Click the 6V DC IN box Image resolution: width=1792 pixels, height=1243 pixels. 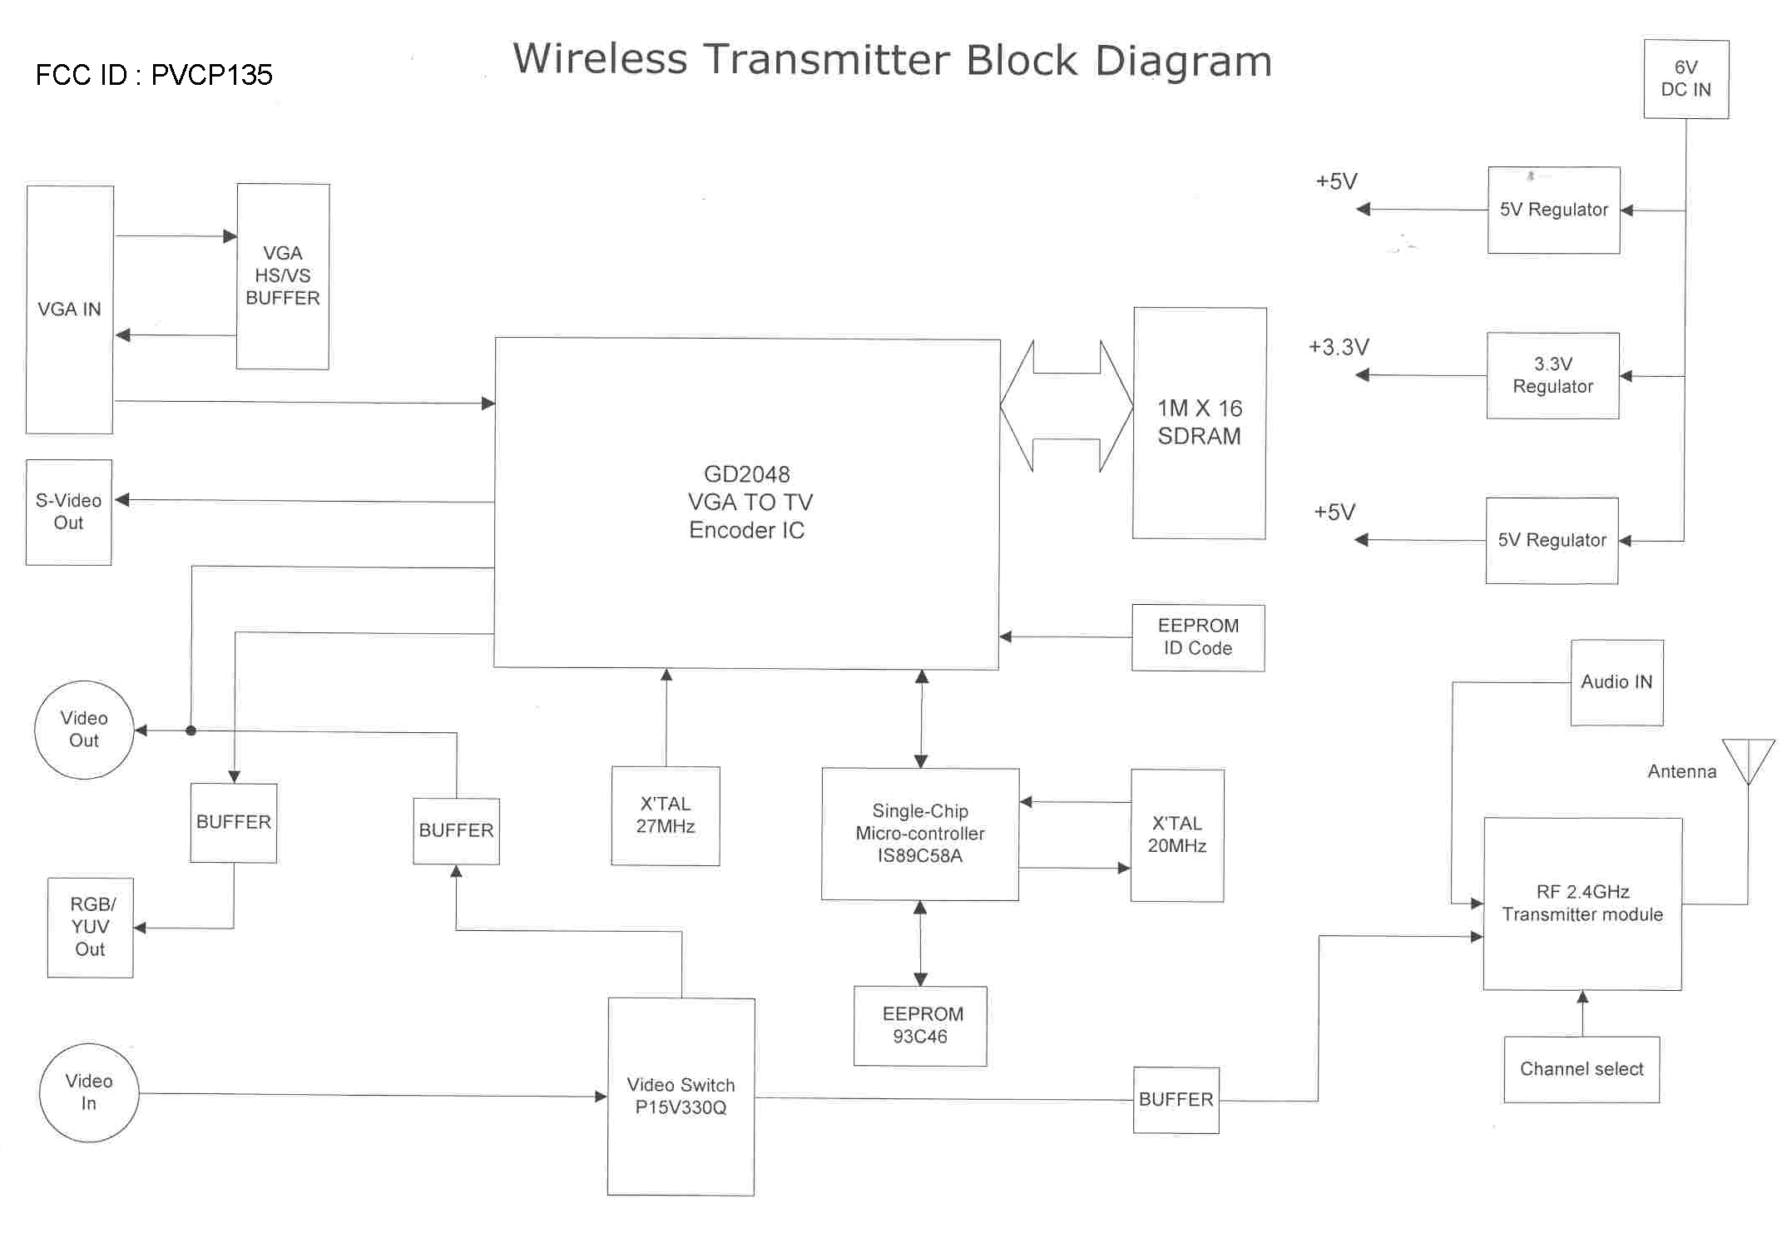1686,79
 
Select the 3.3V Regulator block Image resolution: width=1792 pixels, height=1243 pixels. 1552,375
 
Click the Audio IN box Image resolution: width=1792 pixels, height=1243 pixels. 1616,682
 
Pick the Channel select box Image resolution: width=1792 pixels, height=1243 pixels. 1581,1069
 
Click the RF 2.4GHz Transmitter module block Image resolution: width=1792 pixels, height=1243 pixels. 1582,904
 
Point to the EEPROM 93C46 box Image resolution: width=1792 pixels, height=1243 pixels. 920,1025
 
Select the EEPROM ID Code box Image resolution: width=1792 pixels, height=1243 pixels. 1198,637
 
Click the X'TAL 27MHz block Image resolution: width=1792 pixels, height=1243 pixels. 666,815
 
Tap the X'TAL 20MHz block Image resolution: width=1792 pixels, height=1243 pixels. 1176,834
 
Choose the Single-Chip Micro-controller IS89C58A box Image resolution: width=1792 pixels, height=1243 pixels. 920,834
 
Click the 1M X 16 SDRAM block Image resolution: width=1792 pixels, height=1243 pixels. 1199,423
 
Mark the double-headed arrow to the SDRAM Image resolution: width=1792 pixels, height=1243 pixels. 1067,406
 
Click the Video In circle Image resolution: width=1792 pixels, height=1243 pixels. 89,1092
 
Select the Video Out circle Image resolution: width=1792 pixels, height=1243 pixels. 84,730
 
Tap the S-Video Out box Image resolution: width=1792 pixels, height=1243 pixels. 68,512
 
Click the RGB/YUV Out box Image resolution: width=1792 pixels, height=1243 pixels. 91,927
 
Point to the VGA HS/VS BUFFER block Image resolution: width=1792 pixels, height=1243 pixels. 283,276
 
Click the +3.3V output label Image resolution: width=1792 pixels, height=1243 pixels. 1339,347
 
